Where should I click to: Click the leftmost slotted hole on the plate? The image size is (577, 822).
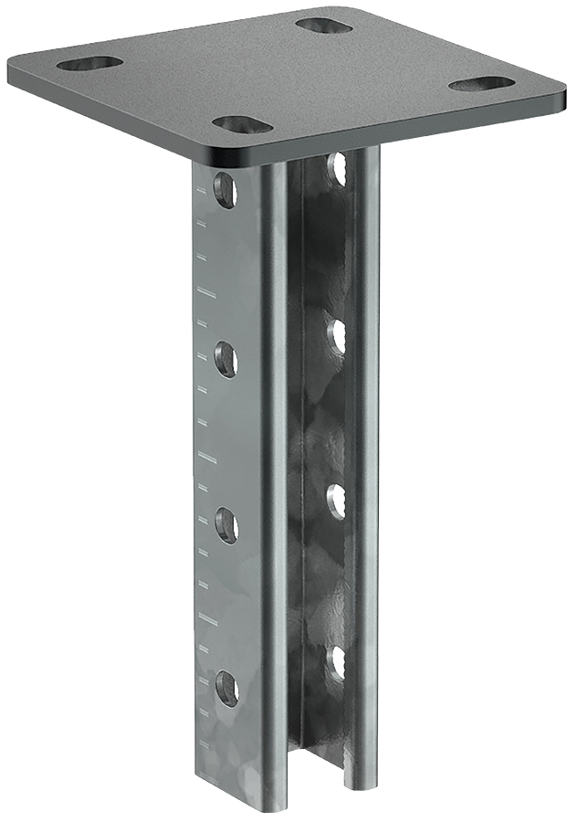pos(89,63)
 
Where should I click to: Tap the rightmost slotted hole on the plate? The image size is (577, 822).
pos(482,84)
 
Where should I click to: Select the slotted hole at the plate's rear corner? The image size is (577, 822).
pos(324,25)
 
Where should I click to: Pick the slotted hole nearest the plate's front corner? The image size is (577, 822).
pos(242,124)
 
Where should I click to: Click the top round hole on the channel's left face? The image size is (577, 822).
pos(225,190)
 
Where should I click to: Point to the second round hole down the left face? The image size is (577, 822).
pos(226,358)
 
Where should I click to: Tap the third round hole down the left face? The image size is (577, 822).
pos(226,525)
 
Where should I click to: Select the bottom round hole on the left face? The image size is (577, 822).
pos(226,687)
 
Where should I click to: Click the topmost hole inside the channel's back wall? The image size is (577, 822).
pos(338,168)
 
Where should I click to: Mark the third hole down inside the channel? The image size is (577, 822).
pos(337,501)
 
